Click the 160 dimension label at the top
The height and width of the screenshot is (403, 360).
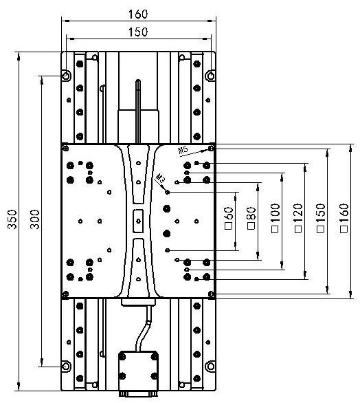pos(138,14)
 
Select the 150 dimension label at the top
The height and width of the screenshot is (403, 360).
pos(138,32)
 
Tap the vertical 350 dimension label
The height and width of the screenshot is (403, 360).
pos(12,219)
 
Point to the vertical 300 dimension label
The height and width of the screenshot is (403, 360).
pos(34,219)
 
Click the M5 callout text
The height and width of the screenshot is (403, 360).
pos(183,150)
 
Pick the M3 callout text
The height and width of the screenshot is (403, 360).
pos(160,178)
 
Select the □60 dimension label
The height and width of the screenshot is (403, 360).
pos(229,219)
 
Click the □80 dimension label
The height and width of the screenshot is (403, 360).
pos(251,219)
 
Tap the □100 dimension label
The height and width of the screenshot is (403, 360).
pos(275,218)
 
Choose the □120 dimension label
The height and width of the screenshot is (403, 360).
pos(298,218)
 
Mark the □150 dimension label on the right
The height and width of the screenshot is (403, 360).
pos(320,218)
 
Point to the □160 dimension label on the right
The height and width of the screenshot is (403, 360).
pos(344,218)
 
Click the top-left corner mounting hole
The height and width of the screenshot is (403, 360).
pos(66,76)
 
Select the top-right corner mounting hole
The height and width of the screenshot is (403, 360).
pos(211,76)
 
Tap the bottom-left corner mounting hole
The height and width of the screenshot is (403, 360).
pos(66,366)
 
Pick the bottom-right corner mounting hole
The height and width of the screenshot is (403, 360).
pos(211,366)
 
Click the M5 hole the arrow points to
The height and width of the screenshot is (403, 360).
pos(211,149)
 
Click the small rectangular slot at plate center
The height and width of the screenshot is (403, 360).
pos(138,221)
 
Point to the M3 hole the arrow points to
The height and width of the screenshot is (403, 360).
pos(168,192)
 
